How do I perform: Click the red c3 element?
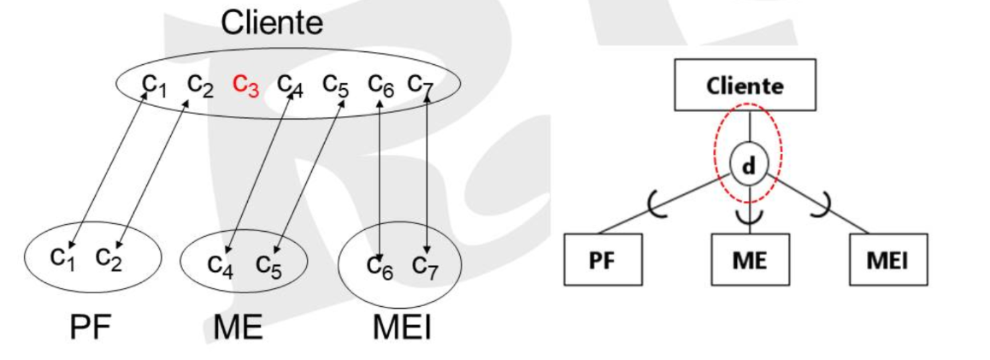tap(245, 85)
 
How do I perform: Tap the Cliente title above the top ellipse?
tap(272, 23)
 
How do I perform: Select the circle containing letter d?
tap(749, 166)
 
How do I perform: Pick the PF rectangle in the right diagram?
tap(603, 260)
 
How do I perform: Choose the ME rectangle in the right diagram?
tap(750, 260)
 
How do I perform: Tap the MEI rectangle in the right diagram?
tap(888, 260)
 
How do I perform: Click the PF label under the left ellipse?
tap(91, 327)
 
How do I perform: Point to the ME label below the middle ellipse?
tap(239, 327)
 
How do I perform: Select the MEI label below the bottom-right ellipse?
tap(402, 327)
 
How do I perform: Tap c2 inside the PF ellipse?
tap(109, 257)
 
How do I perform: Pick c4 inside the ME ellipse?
tap(221, 264)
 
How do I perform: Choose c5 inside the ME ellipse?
tap(269, 264)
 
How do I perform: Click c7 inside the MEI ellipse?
tap(426, 265)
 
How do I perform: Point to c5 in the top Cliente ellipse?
tap(336, 85)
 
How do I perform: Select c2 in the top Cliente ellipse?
tap(201, 85)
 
